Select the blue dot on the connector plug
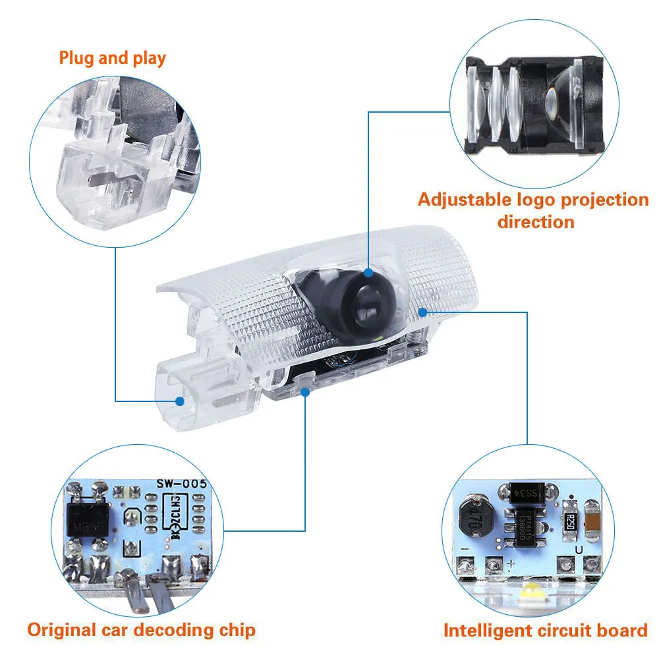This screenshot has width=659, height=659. tap(179, 400)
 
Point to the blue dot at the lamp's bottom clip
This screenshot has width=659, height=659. tap(304, 391)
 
